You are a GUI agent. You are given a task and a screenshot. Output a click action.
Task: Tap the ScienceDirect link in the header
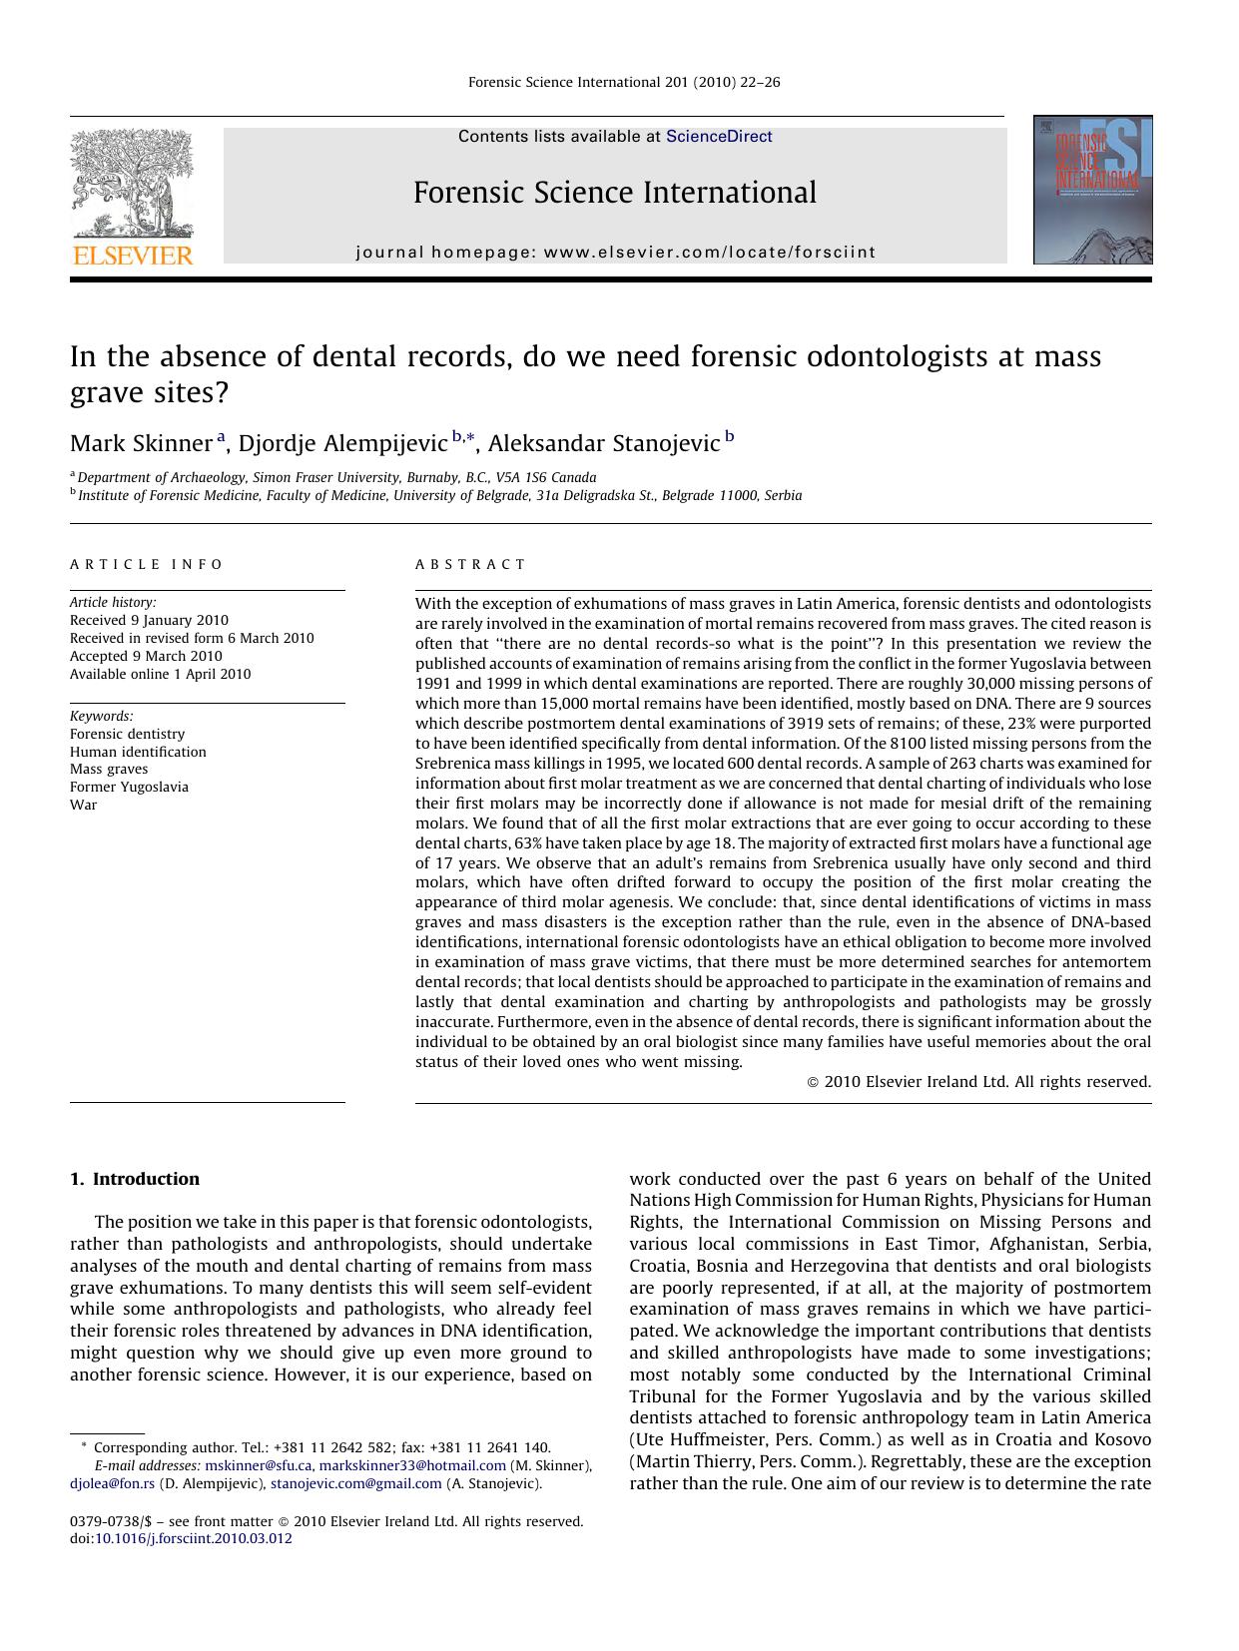[x=719, y=137]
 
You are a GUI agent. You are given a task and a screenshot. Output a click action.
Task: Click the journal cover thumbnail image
[x=1092, y=190]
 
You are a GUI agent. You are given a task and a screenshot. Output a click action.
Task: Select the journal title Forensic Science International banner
[x=615, y=193]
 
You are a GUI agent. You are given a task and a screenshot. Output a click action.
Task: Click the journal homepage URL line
[x=615, y=253]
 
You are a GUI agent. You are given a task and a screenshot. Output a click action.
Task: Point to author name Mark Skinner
[x=141, y=443]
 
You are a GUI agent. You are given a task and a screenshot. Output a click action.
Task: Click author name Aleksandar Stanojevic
[x=603, y=443]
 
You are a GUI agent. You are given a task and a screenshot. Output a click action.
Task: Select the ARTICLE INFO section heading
[x=147, y=565]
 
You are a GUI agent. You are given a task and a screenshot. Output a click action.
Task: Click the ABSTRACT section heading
[x=470, y=565]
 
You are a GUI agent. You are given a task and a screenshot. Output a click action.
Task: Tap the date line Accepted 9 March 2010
[x=146, y=656]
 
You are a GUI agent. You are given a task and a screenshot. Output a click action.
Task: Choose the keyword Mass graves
[x=109, y=770]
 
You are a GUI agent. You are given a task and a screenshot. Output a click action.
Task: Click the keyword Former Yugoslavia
[x=129, y=788]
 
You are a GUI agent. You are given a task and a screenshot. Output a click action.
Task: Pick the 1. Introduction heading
[x=135, y=1179]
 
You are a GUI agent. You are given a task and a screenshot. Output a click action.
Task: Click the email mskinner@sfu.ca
[x=258, y=1465]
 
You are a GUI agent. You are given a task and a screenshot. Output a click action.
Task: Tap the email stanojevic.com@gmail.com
[x=355, y=1483]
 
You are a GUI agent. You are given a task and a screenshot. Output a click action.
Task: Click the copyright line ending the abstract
[x=978, y=1082]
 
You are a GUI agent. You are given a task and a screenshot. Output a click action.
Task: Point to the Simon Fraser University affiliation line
[x=336, y=477]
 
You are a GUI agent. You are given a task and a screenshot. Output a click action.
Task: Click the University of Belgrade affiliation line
[x=439, y=495]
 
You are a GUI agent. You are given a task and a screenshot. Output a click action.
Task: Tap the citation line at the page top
[x=624, y=83]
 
